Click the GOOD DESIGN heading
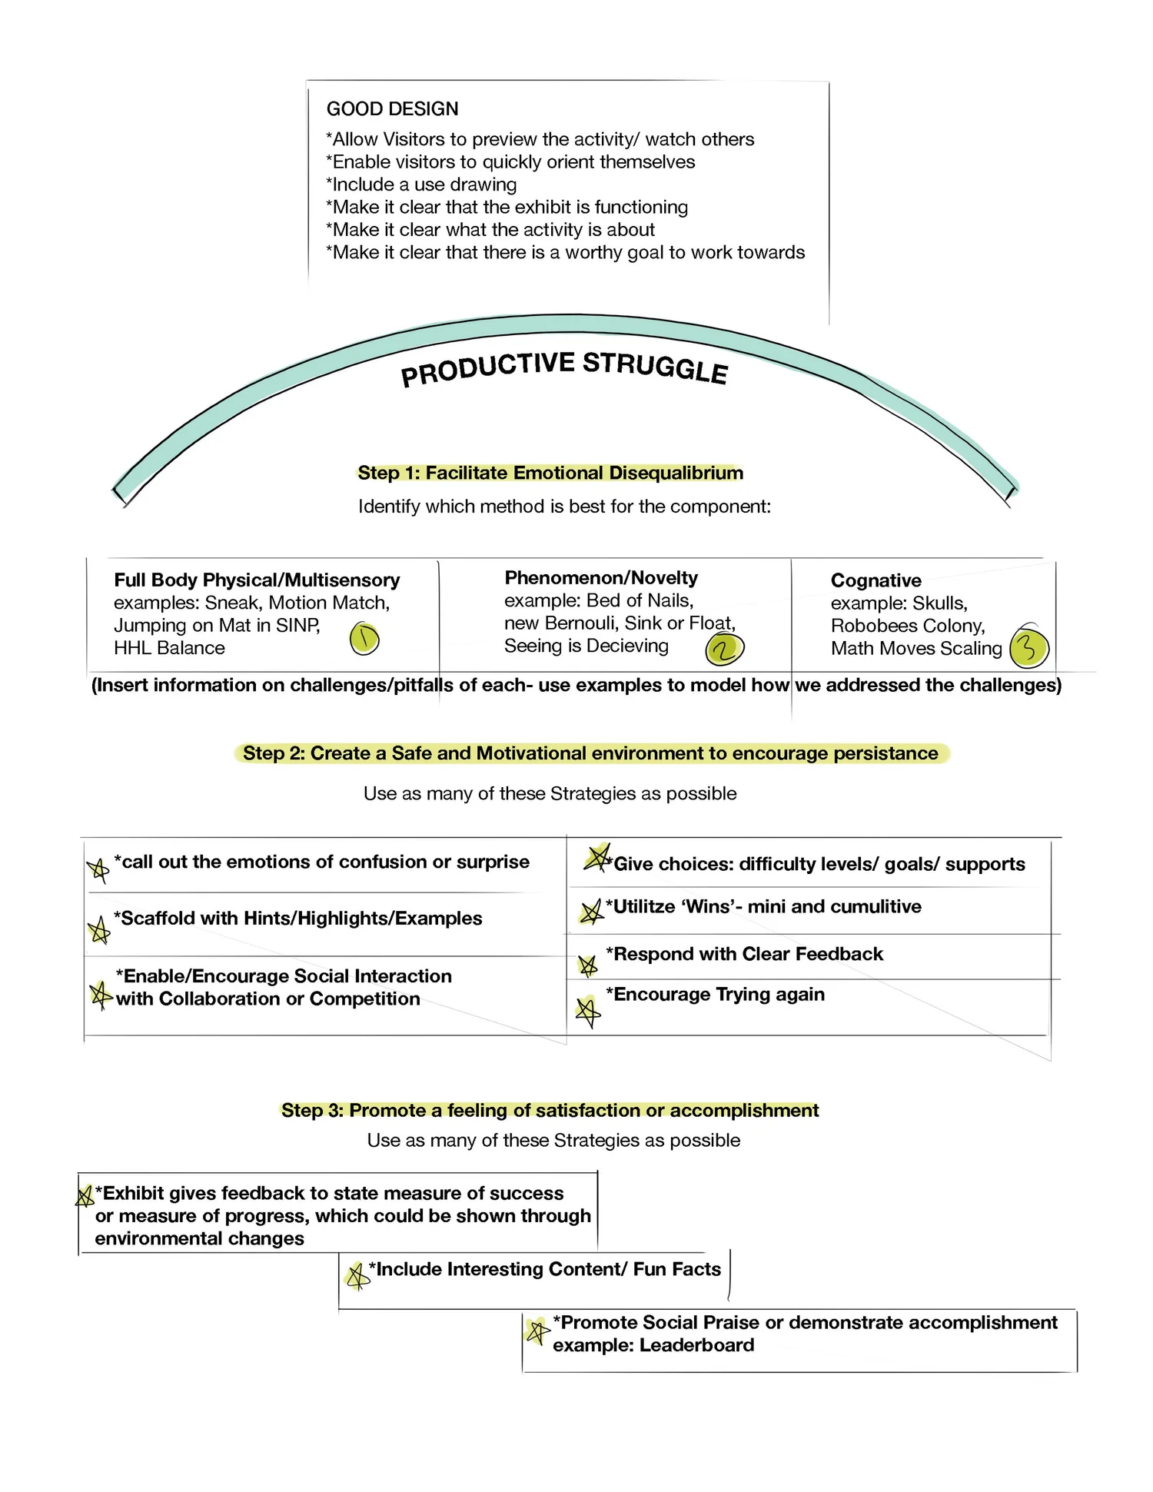[392, 109]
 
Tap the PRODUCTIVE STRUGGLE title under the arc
[564, 368]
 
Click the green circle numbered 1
[364, 639]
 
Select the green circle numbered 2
[724, 650]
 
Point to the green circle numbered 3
[1028, 647]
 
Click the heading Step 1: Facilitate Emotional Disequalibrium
[550, 473]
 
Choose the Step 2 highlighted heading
[590, 753]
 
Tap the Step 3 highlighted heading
[550, 1110]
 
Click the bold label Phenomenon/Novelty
[601, 578]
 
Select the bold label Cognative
[876, 580]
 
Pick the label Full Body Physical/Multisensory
[257, 580]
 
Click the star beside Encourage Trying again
[588, 1012]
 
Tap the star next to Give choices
[596, 857]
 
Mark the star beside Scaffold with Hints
[98, 931]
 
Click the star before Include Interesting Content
[356, 1277]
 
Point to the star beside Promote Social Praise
[537, 1331]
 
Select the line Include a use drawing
[421, 184]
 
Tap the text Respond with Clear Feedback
[744, 954]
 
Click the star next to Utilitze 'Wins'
[590, 912]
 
